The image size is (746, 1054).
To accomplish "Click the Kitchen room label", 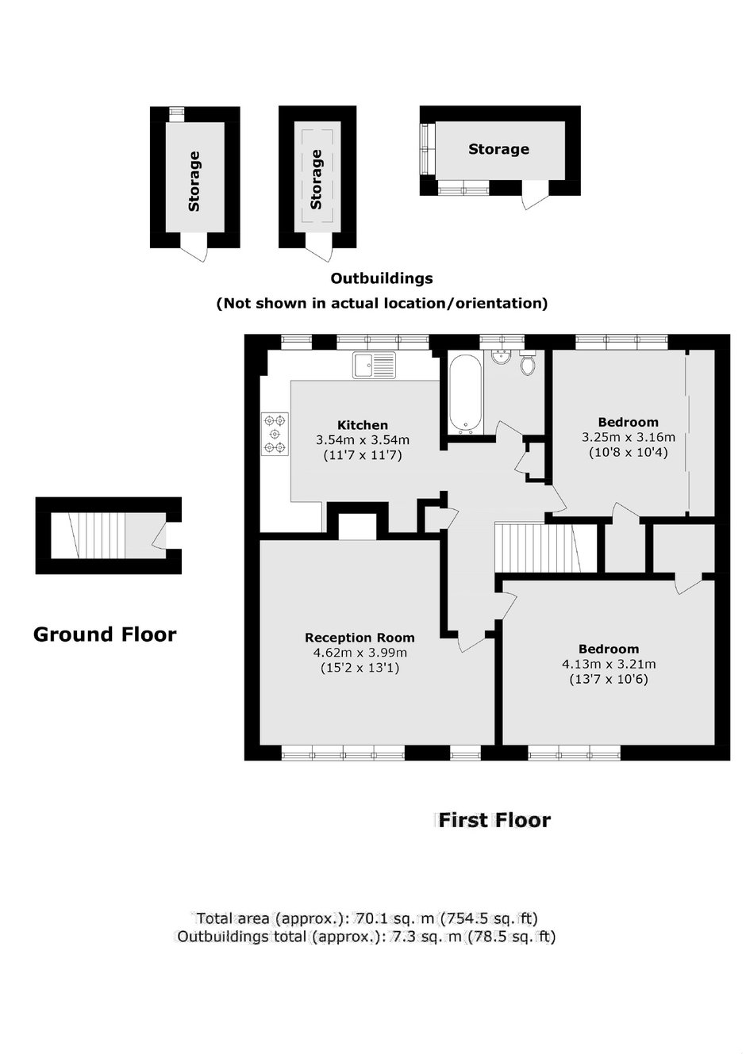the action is click(363, 425).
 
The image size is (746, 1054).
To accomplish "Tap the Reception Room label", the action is click(360, 638).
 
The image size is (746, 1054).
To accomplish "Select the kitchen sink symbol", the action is click(375, 365).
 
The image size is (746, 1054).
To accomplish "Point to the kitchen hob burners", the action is click(275, 434).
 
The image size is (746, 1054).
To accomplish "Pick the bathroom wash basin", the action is click(501, 357).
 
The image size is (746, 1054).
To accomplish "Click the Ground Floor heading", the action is click(105, 634).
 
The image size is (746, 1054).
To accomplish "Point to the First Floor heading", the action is click(494, 820).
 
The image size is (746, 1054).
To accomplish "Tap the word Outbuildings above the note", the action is click(382, 278).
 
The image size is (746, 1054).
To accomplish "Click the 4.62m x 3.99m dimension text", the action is click(360, 653).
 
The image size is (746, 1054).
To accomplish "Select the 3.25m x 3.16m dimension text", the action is click(629, 437).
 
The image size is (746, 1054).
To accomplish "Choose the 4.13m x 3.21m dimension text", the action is click(609, 664).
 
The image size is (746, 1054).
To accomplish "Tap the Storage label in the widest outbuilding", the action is click(498, 149).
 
